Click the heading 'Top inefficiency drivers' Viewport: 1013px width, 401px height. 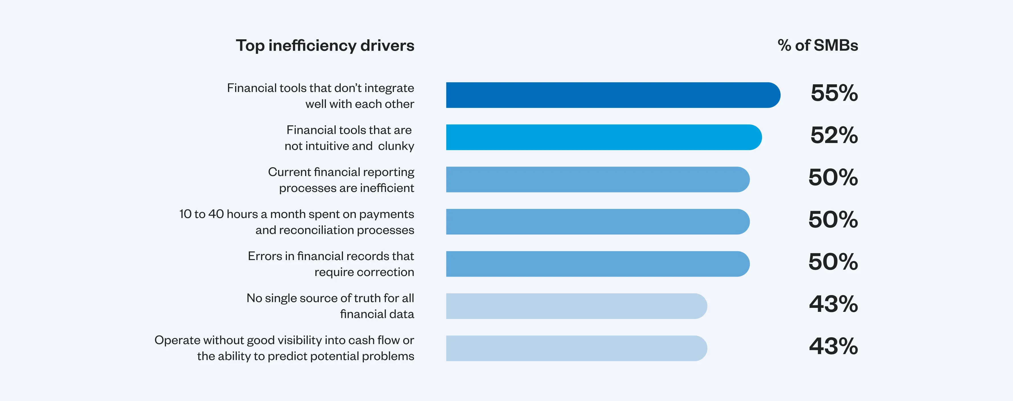click(325, 46)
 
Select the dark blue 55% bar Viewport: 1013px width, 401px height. click(613, 95)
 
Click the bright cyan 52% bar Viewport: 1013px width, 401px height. click(604, 137)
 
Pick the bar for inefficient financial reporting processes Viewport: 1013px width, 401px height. click(598, 179)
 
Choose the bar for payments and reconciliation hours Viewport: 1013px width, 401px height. click(598, 222)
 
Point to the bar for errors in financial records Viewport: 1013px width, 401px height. click(598, 264)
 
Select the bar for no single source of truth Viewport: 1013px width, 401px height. click(576, 306)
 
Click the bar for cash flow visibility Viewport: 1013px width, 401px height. click(576, 348)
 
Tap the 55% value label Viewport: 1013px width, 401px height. click(834, 93)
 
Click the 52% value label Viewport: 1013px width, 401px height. click(834, 135)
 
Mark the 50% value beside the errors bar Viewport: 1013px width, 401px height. click(833, 262)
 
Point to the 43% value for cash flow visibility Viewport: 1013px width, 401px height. click(833, 346)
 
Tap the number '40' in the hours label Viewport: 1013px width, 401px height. click(216, 214)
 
